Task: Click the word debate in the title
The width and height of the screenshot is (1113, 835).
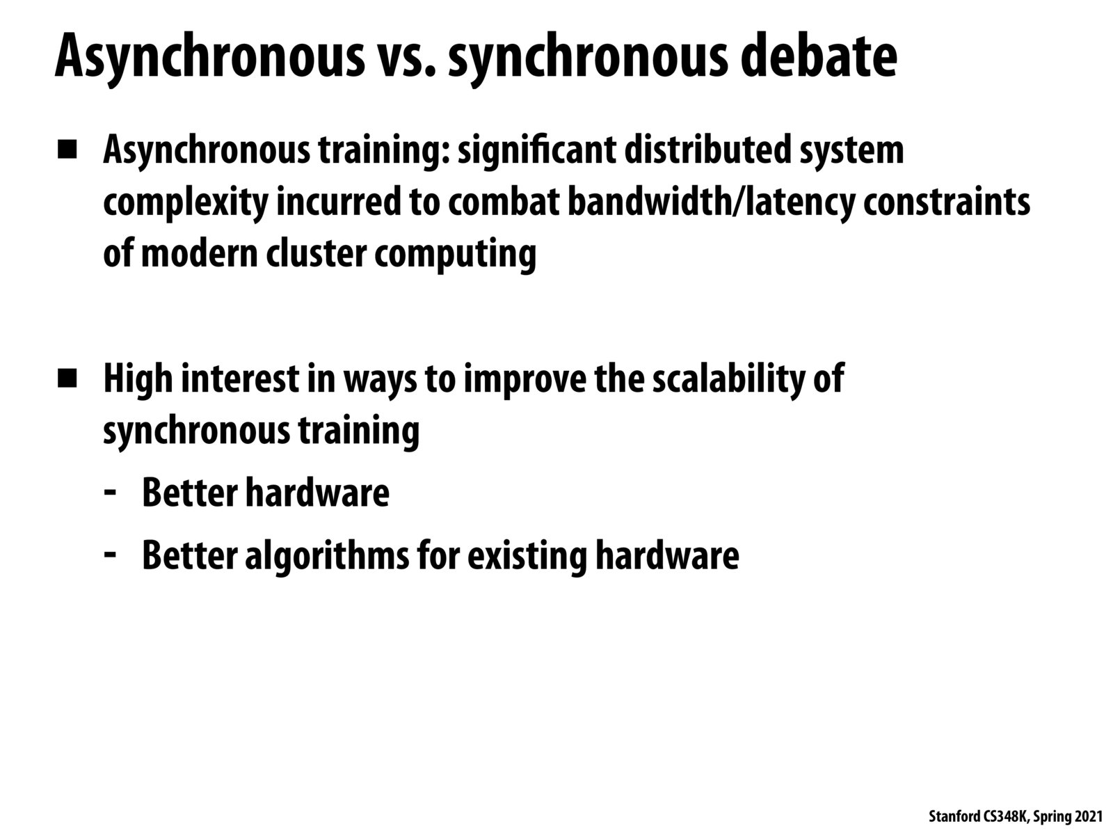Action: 819,55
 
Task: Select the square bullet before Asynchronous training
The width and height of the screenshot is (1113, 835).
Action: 67,150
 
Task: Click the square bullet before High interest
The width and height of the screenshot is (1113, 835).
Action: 67,379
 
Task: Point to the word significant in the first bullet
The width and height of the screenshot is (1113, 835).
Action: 536,150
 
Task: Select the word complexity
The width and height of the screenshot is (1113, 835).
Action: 185,202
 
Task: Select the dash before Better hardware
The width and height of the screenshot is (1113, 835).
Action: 110,492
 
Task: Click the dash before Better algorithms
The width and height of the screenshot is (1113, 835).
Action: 110,554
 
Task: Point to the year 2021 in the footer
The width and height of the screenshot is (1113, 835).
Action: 1088,816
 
